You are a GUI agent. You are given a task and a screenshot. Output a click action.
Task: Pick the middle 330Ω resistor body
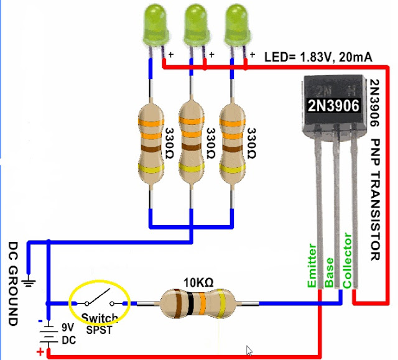pyautogui.click(x=193, y=142)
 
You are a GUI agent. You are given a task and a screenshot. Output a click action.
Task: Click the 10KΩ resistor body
pyautogui.click(x=196, y=304)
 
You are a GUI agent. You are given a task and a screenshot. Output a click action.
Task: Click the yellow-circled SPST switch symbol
pyautogui.click(x=99, y=303)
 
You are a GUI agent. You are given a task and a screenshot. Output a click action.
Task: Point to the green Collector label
pyautogui.click(x=347, y=261)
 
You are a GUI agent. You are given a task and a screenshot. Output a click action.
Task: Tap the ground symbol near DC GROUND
pyautogui.click(x=28, y=284)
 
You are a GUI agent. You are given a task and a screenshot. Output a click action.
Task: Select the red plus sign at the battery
pyautogui.click(x=40, y=353)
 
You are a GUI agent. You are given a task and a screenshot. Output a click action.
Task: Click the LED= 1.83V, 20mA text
pyautogui.click(x=318, y=57)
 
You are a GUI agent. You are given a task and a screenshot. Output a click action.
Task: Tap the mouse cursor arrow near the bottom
pyautogui.click(x=249, y=350)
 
